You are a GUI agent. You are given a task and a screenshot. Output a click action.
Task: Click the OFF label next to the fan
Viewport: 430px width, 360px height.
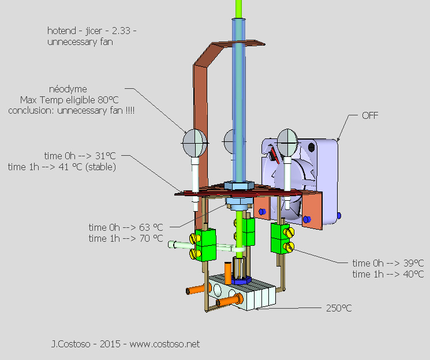[370, 115]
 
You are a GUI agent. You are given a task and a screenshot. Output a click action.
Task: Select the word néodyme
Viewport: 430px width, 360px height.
[68, 89]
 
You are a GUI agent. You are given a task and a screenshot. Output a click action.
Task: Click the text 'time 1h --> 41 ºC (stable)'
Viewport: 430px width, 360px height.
[62, 167]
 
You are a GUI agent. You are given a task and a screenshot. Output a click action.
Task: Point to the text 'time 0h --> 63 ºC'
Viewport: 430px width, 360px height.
[126, 227]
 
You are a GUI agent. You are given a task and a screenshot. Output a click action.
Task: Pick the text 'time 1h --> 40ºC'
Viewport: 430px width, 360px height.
[388, 274]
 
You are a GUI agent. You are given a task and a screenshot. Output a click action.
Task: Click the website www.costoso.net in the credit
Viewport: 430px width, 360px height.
[164, 344]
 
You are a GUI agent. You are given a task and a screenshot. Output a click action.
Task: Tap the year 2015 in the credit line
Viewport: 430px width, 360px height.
[110, 344]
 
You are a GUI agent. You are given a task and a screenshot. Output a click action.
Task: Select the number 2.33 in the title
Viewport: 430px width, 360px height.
[116, 30]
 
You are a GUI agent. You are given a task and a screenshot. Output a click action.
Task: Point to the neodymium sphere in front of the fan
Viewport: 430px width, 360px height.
[287, 140]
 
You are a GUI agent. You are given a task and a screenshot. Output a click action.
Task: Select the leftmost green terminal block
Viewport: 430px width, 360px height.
[205, 243]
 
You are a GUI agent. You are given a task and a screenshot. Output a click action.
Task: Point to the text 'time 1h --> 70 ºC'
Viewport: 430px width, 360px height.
[126, 238]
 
